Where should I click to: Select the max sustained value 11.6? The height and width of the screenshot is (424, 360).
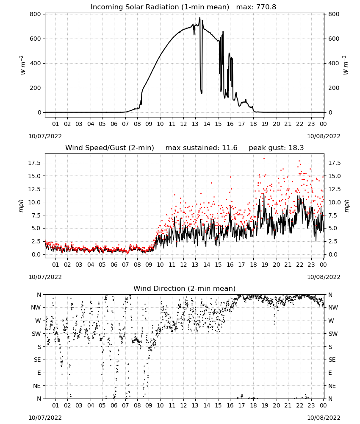(x=230, y=148)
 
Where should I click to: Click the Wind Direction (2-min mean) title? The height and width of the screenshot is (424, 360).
(x=185, y=288)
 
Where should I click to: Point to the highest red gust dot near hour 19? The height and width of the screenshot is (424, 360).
(x=264, y=159)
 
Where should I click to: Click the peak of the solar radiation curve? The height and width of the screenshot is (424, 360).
(x=200, y=17)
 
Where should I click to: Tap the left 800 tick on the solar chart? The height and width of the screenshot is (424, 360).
(x=36, y=14)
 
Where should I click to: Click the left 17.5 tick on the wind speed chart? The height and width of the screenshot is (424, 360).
(x=35, y=163)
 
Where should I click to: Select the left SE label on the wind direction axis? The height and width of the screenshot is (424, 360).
(x=38, y=360)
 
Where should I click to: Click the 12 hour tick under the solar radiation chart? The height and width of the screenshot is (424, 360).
(x=183, y=124)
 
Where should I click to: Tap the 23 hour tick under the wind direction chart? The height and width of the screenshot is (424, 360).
(x=311, y=405)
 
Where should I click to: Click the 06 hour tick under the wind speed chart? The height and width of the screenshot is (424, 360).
(x=114, y=265)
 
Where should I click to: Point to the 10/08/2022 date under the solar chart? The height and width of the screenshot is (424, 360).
(x=324, y=136)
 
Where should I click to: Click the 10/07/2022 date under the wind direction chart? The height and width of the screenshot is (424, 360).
(x=45, y=418)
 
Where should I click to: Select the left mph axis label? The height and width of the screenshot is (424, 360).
(x=21, y=206)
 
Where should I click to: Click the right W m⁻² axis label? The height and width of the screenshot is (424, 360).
(x=346, y=65)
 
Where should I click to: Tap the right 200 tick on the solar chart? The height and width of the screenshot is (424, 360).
(x=334, y=88)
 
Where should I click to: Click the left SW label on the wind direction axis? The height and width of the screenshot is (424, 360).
(x=36, y=334)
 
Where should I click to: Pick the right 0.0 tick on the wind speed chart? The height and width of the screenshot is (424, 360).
(x=333, y=254)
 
